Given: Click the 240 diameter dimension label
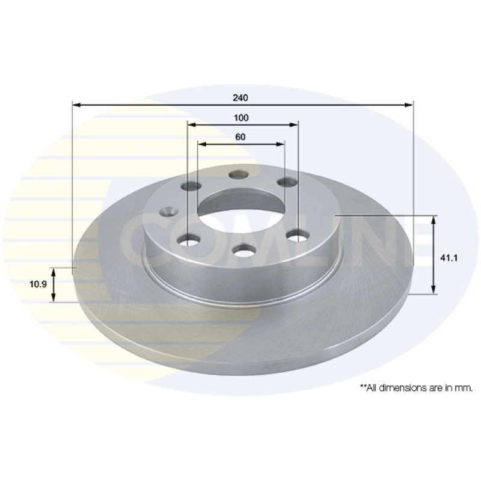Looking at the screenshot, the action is pyautogui.click(x=240, y=98).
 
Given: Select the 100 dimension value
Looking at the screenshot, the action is pyautogui.click(x=241, y=118).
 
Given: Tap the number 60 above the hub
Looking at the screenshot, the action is pyautogui.click(x=240, y=137).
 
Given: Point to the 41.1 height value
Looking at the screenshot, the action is pyautogui.click(x=449, y=258).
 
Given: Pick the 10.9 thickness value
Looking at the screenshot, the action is pyautogui.click(x=38, y=284).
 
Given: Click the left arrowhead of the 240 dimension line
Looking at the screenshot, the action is pyautogui.click(x=76, y=105).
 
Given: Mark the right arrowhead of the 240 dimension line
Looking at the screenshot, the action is pyautogui.click(x=409, y=105).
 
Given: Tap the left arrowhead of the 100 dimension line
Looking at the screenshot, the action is pyautogui.click(x=191, y=125).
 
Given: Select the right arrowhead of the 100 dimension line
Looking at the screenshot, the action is pyautogui.click(x=294, y=125).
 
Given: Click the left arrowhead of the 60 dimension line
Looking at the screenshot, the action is pyautogui.click(x=202, y=144).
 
